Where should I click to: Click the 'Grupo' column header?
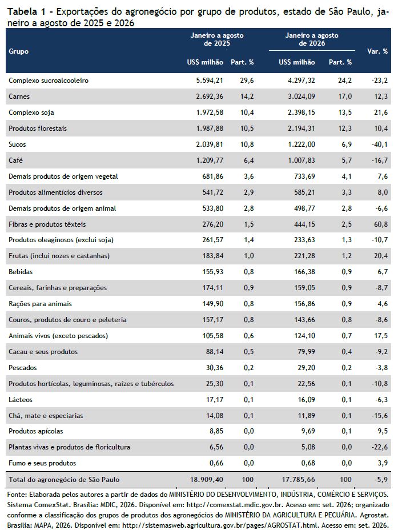(x=19, y=51)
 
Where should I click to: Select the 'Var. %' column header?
(x=377, y=51)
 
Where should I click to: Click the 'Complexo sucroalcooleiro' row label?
(x=49, y=81)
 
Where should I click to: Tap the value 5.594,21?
(x=210, y=81)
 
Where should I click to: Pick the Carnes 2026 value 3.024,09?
(x=301, y=97)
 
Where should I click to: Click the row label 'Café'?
(x=15, y=160)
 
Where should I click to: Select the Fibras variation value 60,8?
(x=381, y=224)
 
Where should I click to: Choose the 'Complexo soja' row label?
(x=31, y=113)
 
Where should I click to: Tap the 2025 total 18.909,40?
(x=207, y=479)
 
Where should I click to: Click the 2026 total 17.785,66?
(x=298, y=479)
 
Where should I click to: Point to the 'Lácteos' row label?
(x=21, y=400)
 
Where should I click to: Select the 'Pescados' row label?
(x=23, y=368)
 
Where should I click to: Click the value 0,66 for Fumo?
(x=216, y=463)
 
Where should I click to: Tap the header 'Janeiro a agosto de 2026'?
(x=312, y=39)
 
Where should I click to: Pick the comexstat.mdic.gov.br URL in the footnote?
(x=242, y=505)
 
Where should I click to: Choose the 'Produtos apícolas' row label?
(x=36, y=431)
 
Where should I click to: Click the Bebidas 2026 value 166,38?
(x=305, y=272)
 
